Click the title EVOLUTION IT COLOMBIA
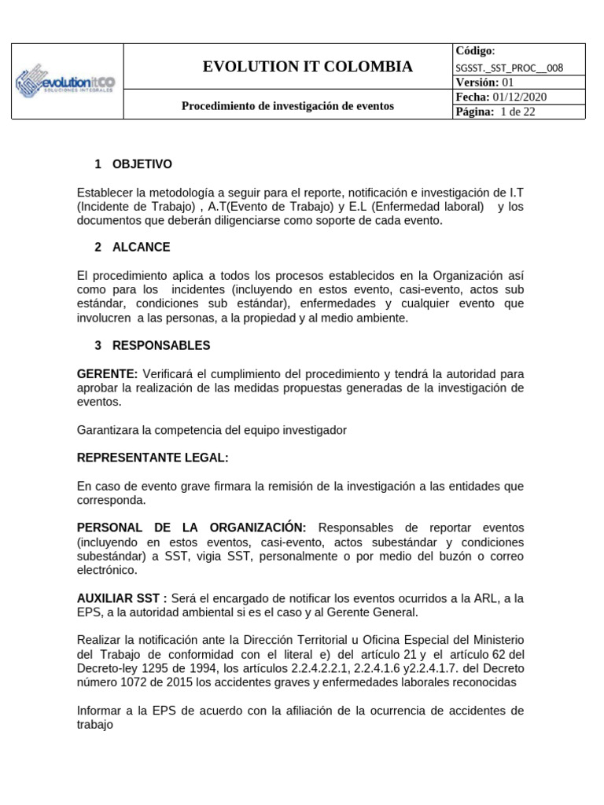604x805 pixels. click(x=308, y=67)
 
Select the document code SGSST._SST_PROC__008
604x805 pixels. click(x=510, y=68)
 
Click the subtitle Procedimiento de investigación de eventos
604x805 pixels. click(x=288, y=105)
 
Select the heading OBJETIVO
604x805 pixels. click(x=142, y=164)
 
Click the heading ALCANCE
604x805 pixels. click(x=141, y=247)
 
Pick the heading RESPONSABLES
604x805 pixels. click(x=161, y=345)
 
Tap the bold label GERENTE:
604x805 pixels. click(x=108, y=373)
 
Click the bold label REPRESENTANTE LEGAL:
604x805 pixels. click(x=153, y=458)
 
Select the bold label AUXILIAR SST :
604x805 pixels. click(x=122, y=598)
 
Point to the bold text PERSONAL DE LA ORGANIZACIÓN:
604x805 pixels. click(x=191, y=527)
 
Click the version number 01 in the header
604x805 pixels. click(x=507, y=83)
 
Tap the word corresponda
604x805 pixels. click(x=111, y=499)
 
